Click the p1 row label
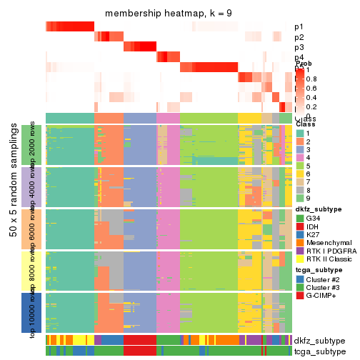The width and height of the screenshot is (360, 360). pos(299,27)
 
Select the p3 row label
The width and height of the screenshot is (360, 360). pos(299,47)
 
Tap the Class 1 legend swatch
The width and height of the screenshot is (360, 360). pos(300,134)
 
